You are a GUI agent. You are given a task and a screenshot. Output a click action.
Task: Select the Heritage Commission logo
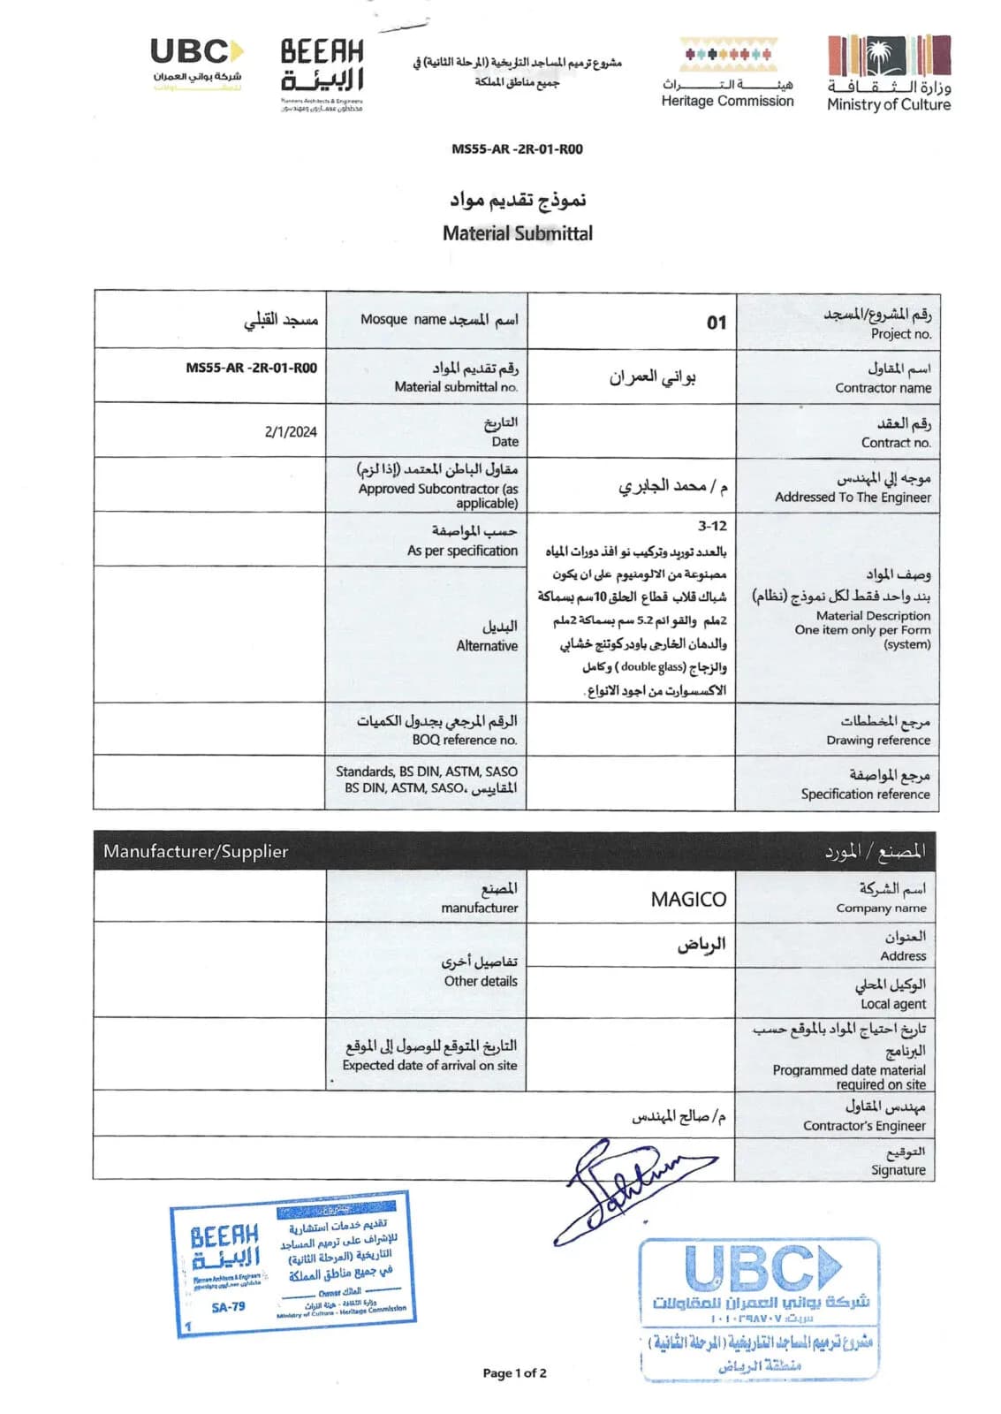[x=727, y=73]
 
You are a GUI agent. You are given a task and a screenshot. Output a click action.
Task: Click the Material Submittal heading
[x=518, y=233]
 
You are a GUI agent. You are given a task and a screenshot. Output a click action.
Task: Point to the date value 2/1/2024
[x=290, y=432]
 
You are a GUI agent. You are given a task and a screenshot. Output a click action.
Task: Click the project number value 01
[x=716, y=323]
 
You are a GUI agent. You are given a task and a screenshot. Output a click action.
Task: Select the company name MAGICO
[x=688, y=900]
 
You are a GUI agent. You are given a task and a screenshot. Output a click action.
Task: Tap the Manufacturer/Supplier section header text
[x=195, y=852]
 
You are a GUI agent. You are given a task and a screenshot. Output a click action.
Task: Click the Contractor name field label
[x=883, y=388]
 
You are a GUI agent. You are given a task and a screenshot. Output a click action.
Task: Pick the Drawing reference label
[x=877, y=741]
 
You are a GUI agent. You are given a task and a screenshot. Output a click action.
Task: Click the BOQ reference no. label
[x=464, y=741]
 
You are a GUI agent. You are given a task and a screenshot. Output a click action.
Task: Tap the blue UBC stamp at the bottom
[x=760, y=1309]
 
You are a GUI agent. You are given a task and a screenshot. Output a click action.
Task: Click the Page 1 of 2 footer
[x=514, y=1372]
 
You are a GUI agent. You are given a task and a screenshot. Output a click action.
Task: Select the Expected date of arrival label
[x=429, y=1066]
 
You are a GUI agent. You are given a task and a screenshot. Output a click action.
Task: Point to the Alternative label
[x=487, y=646]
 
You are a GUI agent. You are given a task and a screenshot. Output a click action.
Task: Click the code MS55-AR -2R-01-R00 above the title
[x=517, y=149]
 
